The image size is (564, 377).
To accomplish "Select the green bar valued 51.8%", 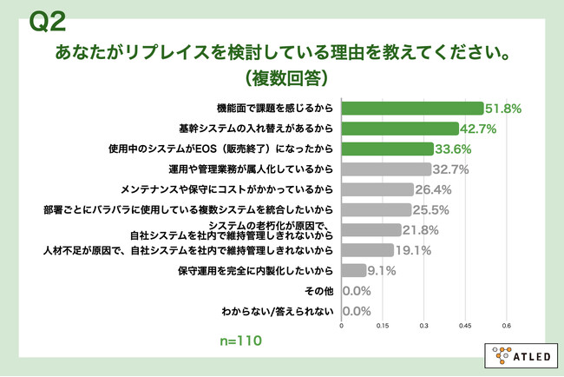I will pos(412,108).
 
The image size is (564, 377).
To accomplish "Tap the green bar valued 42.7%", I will pos(399,128).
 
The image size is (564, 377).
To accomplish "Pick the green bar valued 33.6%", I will pos(387,149).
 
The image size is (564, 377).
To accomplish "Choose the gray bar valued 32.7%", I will pos(386,169).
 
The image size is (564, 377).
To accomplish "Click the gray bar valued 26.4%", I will pos(377,188).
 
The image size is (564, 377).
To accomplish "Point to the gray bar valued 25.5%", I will pos(376,209).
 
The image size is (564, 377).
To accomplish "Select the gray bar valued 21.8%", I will pos(371,229).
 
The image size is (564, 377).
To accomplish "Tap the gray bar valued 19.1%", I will pos(368,250).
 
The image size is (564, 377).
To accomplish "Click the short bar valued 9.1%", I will pos(354,270).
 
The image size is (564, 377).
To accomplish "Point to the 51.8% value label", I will pos(503,108).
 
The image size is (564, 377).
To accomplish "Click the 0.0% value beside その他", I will pos(357,290).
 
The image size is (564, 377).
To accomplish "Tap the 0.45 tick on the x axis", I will pos(465,327).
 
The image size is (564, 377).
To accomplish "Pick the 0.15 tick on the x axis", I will pos(383,327).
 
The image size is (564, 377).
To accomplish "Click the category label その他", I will pos(323,290).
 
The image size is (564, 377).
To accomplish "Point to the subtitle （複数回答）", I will pos(282,76).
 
